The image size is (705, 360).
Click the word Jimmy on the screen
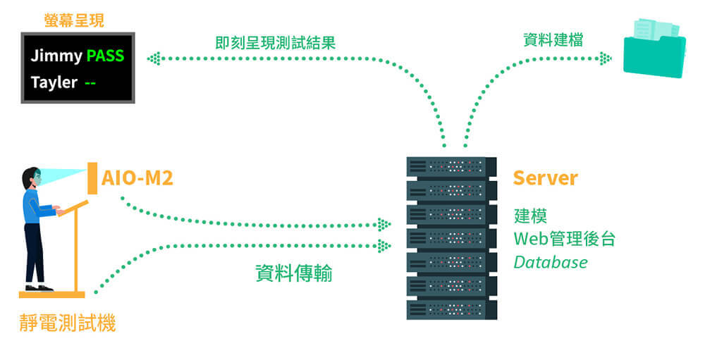56,56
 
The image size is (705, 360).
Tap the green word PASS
105,56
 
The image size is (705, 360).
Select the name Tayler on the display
54,82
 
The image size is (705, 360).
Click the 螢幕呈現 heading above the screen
73,20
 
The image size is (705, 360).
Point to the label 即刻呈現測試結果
275,42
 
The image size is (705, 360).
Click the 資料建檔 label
553,40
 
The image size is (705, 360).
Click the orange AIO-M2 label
137,178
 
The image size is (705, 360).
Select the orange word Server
545,178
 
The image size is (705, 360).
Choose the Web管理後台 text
564,239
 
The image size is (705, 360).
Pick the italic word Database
551,263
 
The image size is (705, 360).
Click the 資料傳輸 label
293,273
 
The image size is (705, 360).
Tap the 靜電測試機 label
68,323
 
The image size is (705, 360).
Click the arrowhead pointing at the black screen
153,58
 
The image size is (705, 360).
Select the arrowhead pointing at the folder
605,58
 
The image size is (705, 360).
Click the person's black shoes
38,287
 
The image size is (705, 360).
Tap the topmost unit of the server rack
446,166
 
